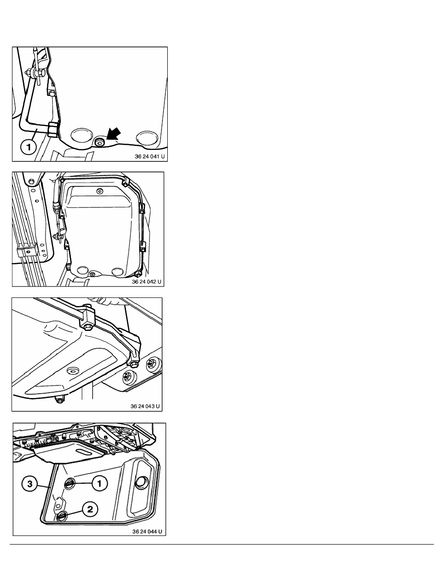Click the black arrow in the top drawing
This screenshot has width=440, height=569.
coord(114,136)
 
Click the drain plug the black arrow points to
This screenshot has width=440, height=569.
coord(99,142)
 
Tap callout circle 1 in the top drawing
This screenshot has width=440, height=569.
coord(28,148)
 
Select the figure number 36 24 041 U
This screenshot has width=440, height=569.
coord(150,157)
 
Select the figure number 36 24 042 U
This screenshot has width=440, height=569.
coord(147,282)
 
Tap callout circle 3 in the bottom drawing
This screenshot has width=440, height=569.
coord(30,483)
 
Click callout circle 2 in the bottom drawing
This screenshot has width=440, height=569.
coord(90,509)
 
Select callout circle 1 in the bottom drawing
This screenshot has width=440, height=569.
coord(100,483)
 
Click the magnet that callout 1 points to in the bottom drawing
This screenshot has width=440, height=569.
coord(69,483)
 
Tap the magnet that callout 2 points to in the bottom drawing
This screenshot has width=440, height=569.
coord(62,515)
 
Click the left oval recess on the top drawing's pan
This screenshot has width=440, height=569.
coord(82,136)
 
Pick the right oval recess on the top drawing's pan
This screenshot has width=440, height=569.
coord(147,137)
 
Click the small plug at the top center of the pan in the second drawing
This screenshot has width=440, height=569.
coord(100,191)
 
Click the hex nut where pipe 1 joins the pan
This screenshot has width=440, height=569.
coord(52,129)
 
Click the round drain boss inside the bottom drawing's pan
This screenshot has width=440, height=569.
coord(140,482)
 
